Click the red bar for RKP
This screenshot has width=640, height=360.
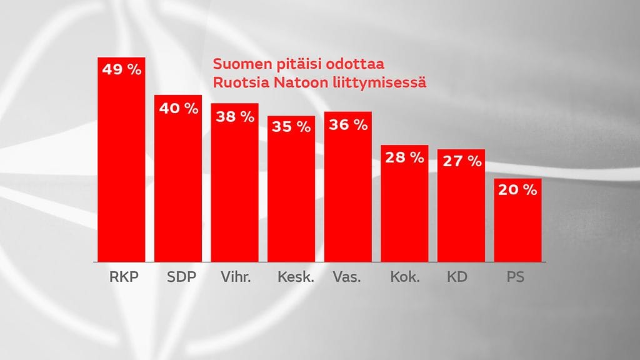click(x=121, y=169)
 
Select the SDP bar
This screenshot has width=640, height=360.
click(x=178, y=187)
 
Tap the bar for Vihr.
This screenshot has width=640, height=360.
click(x=234, y=191)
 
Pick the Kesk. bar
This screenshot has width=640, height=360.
click(x=291, y=197)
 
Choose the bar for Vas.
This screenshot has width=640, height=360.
click(x=348, y=194)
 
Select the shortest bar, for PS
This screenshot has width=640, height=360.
click(x=517, y=228)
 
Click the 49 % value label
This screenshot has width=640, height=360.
click(x=121, y=69)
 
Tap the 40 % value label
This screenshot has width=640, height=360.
click(x=178, y=108)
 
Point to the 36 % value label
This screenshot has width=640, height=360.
click(x=348, y=124)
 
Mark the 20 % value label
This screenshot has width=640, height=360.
click(x=517, y=191)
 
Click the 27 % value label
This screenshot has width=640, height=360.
click(x=461, y=161)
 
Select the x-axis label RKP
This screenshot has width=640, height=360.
click(x=121, y=277)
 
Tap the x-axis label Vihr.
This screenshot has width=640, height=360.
click(x=234, y=277)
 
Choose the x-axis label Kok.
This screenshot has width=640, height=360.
click(x=404, y=277)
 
